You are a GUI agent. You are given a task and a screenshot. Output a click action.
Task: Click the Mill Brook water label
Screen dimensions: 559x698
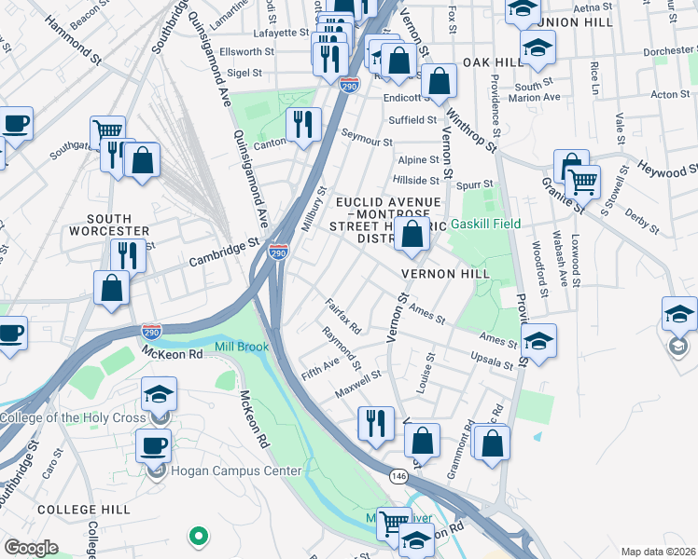242,347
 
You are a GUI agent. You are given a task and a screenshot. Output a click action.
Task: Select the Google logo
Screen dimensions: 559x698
31,548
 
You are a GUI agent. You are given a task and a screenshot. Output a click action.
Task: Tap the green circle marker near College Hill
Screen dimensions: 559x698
198,536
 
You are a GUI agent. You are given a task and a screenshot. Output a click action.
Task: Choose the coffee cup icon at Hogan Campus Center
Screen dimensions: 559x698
154,444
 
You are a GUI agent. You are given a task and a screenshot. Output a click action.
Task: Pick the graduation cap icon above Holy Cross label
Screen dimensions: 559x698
159,393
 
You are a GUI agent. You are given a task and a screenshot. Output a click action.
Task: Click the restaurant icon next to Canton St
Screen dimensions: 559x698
302,124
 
